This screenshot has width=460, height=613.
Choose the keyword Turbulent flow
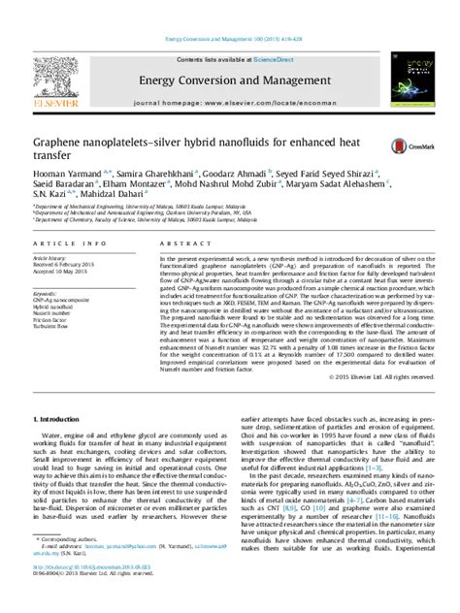coord(53,329)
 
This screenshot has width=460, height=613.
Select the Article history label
coord(51,258)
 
